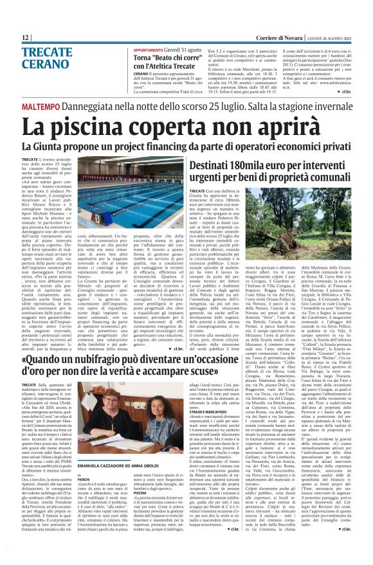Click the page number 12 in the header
tap(25, 37)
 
